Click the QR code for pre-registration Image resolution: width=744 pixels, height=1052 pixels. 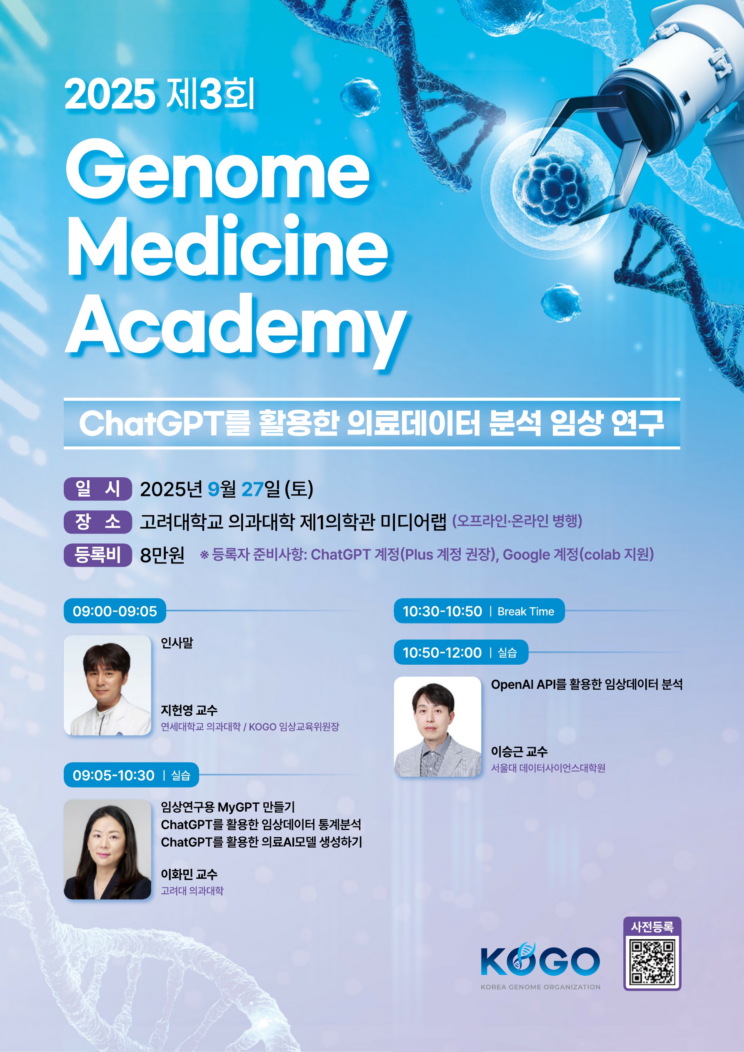coord(652,962)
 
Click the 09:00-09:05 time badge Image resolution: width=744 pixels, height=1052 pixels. coord(115,611)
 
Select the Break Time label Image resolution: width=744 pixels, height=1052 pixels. coord(526,611)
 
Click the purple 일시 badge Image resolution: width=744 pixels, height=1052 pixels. coord(97,489)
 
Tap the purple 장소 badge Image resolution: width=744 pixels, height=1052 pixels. coord(97,521)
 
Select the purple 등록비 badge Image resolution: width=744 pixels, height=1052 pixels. coord(97,554)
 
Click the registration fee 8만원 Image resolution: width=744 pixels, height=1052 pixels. coord(162,555)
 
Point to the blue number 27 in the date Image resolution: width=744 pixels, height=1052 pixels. coord(252,489)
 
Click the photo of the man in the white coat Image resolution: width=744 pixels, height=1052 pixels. coord(107,685)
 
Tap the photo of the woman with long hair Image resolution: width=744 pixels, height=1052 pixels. coord(107,849)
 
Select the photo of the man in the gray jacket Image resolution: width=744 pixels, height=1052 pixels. coord(438,726)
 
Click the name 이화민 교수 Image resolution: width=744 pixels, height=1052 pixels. coord(189,874)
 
